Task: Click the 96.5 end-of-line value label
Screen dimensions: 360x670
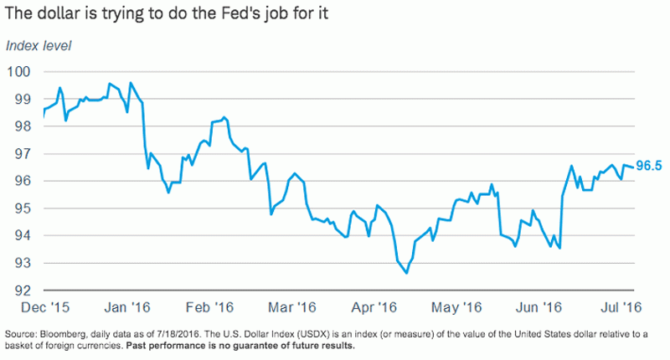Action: (649, 166)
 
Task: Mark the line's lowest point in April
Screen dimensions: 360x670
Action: (406, 273)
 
